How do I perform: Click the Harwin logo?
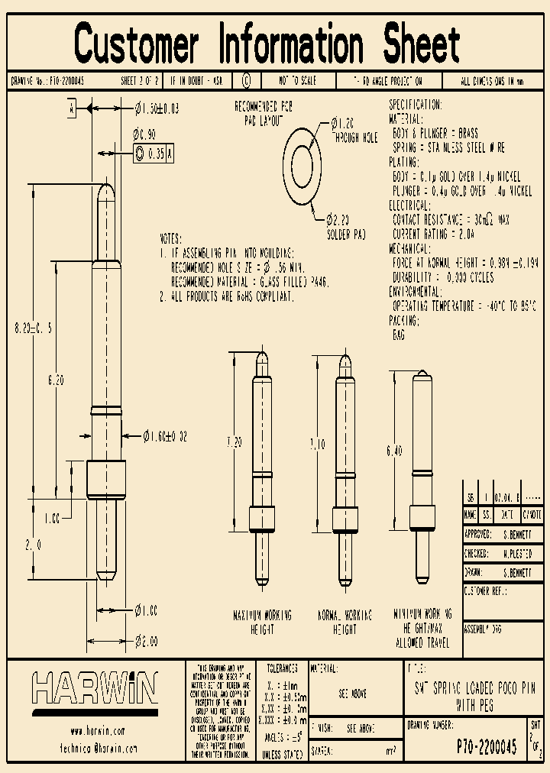tap(95, 689)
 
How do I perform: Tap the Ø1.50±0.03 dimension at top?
tap(157, 108)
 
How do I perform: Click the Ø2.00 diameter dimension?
tap(146, 642)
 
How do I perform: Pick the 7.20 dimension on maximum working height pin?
tap(235, 442)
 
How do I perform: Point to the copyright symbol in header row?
tap(246, 81)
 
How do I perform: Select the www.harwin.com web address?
tap(97, 731)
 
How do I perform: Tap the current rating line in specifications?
tap(433, 234)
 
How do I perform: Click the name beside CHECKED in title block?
tap(516, 552)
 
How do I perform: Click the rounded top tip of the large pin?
tap(106, 189)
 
